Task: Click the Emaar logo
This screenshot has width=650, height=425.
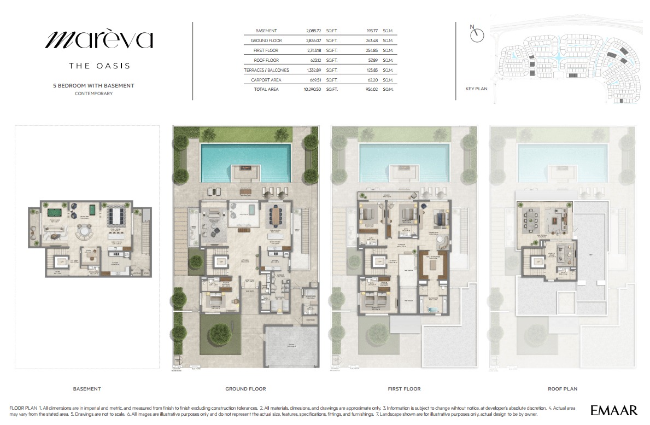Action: [x=614, y=410]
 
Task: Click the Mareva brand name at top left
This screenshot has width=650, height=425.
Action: [x=99, y=39]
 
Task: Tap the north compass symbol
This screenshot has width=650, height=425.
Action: [x=477, y=34]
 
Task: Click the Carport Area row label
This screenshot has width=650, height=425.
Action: [x=266, y=79]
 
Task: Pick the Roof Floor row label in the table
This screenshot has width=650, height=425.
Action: [x=266, y=60]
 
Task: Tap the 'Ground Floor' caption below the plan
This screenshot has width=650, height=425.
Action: [x=245, y=389]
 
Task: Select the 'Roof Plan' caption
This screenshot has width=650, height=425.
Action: [x=563, y=389]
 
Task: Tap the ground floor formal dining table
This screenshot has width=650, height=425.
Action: [x=273, y=216]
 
